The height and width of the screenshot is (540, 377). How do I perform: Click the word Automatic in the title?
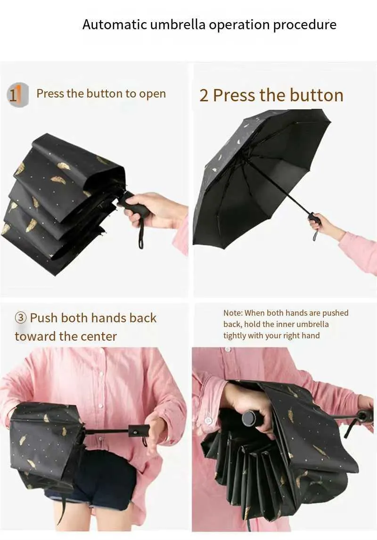click(x=115, y=25)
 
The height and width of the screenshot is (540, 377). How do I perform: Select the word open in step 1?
click(x=152, y=94)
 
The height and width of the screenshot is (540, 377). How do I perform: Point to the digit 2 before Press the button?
click(x=204, y=95)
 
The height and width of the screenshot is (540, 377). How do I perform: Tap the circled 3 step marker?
click(x=21, y=318)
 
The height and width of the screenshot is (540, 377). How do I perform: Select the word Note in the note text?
click(x=232, y=313)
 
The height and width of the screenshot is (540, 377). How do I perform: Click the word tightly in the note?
click(x=235, y=336)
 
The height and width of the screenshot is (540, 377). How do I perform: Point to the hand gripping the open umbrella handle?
click(x=324, y=225)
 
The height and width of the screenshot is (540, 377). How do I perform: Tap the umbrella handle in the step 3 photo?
click(x=139, y=431)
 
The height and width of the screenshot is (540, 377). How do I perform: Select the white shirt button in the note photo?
click(x=208, y=420)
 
